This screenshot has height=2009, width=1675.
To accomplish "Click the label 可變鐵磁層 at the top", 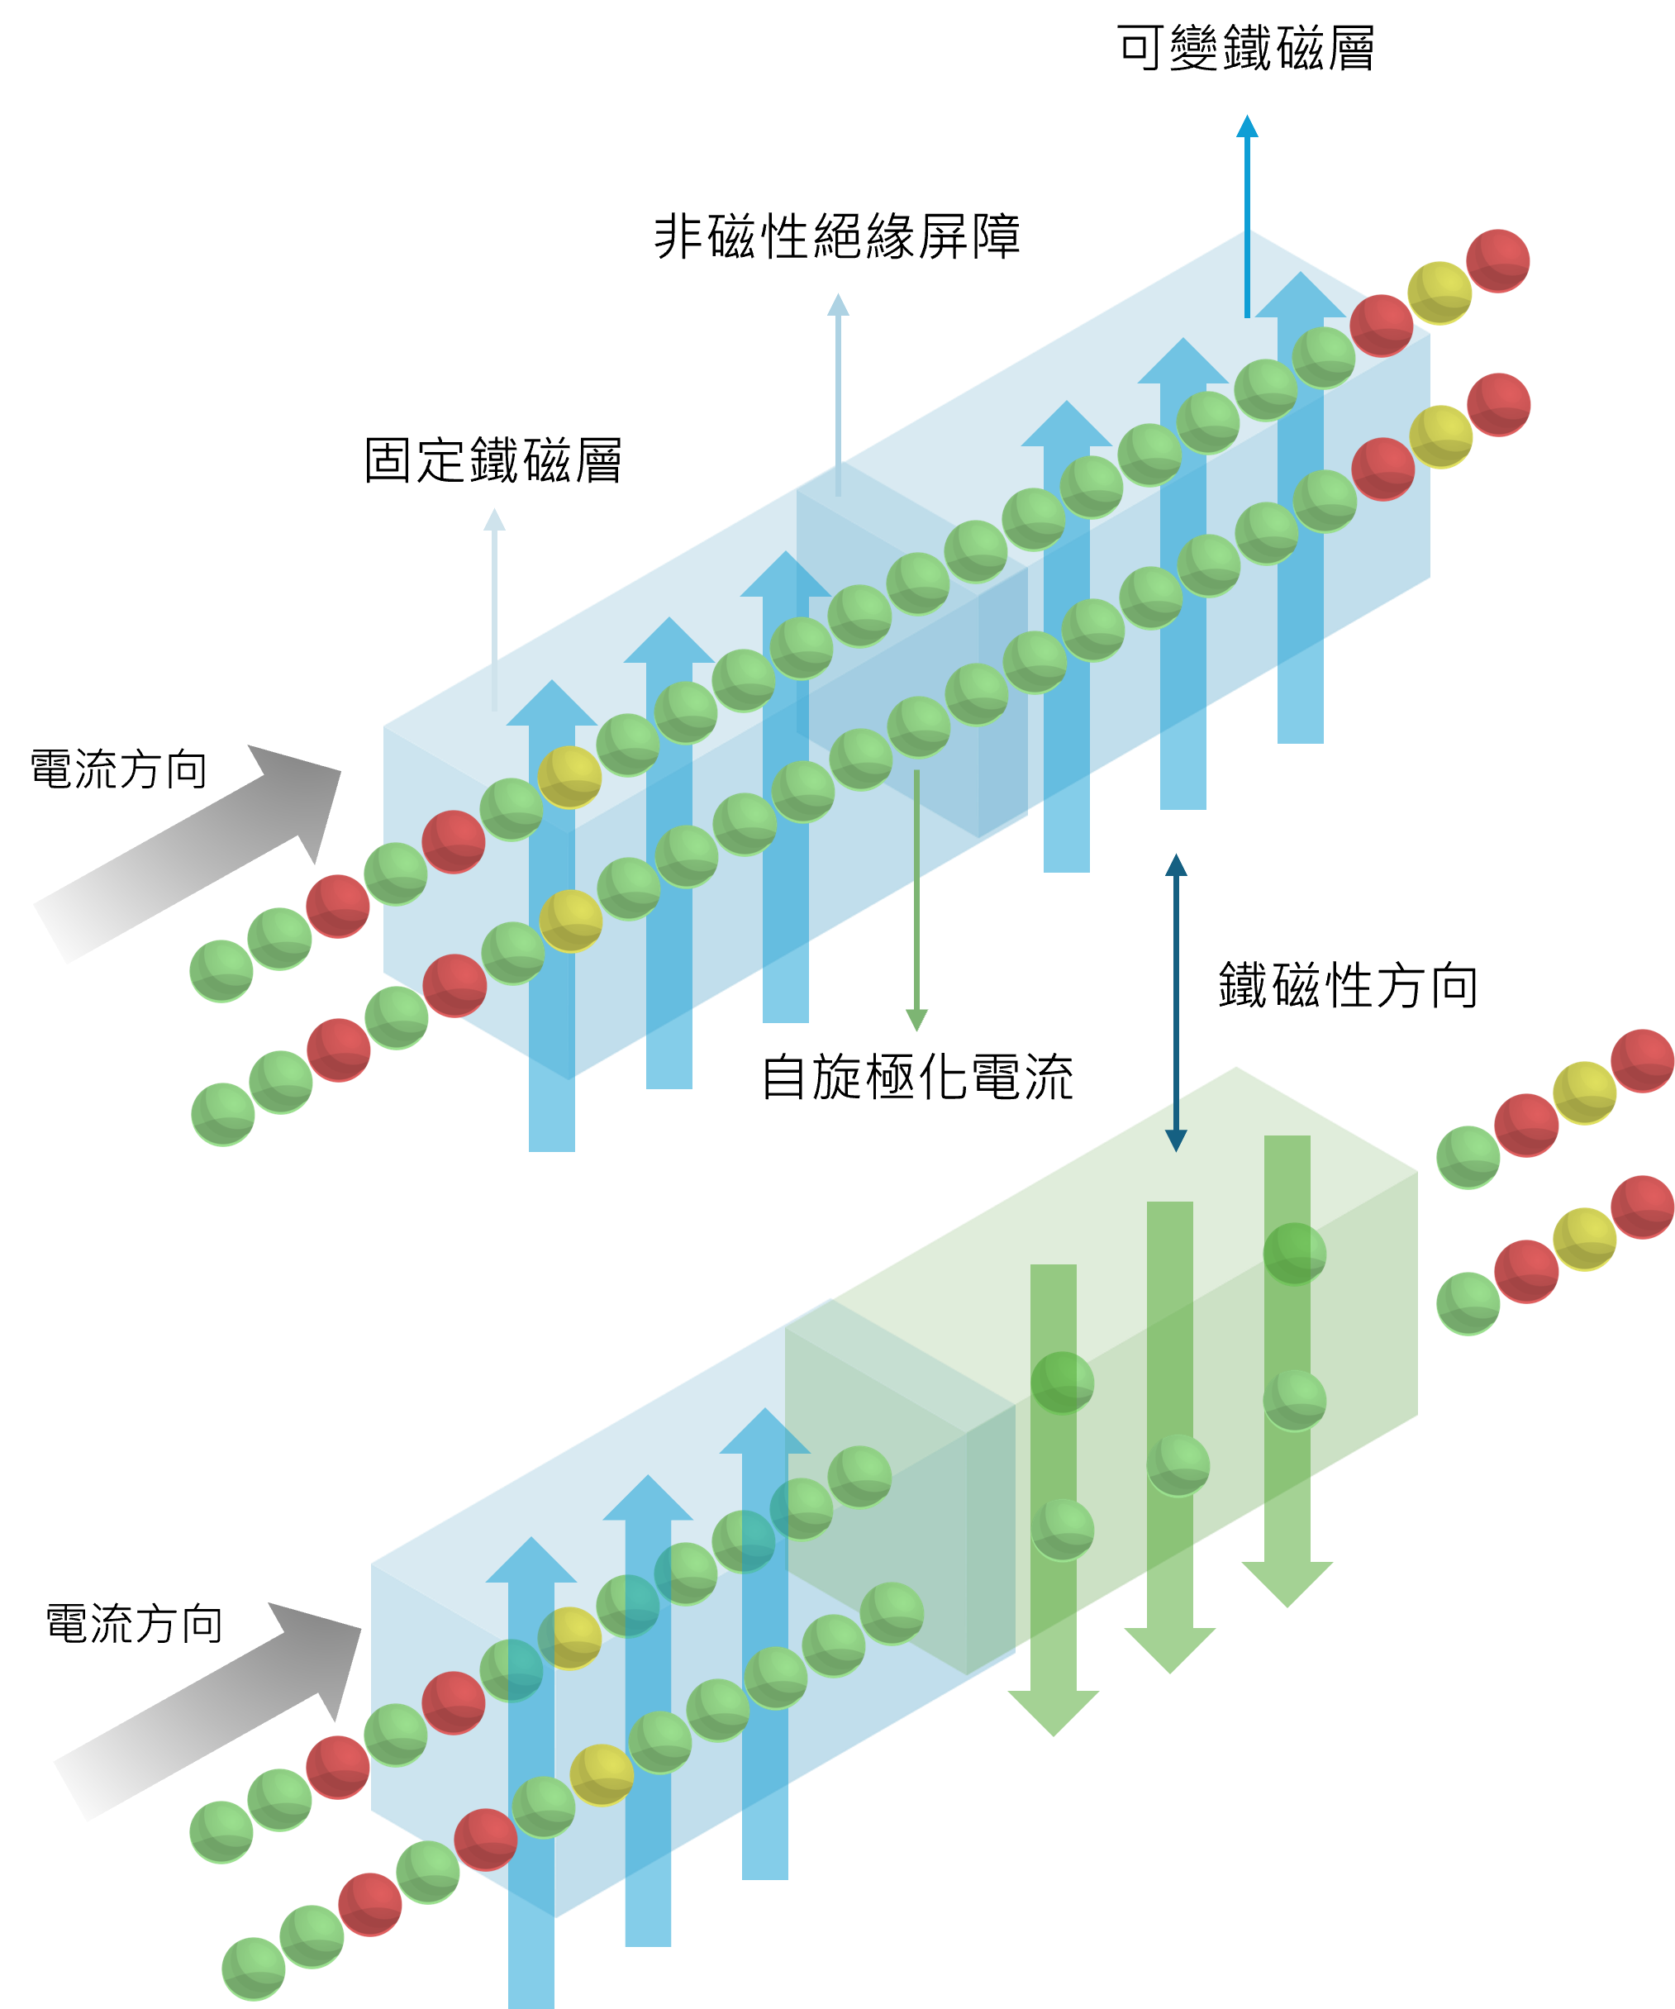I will coord(1245,49).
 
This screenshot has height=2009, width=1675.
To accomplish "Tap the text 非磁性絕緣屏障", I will coord(837,236).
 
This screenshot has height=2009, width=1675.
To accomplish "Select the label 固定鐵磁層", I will coord(493,460).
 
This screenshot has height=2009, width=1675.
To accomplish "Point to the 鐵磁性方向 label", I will coord(1348,985).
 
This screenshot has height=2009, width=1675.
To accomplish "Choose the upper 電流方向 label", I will coord(119,770).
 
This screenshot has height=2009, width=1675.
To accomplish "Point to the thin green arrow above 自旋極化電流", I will coord(916,899).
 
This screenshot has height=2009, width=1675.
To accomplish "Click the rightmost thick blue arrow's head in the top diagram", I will coord(1300,297).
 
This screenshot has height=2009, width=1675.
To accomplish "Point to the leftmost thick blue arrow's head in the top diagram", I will coord(551,704).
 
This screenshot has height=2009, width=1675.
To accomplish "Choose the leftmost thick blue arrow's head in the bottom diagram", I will coord(531,1562).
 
